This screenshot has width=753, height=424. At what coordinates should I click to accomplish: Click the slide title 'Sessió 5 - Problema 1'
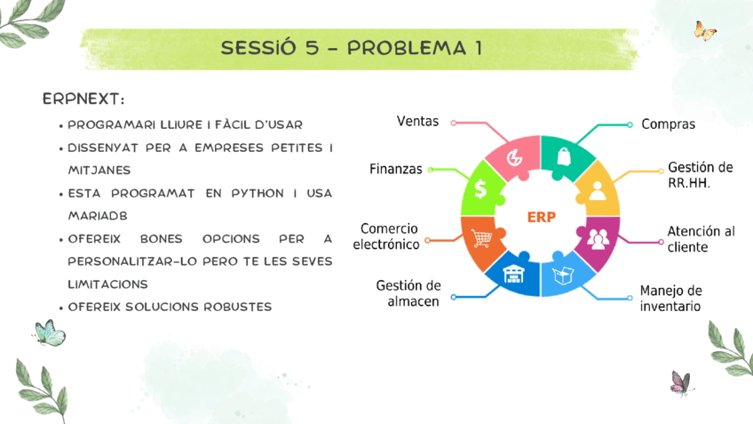click(x=352, y=48)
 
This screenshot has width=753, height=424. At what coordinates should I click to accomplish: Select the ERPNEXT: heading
click(x=83, y=97)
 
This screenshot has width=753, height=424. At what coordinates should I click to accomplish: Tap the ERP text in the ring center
click(x=541, y=217)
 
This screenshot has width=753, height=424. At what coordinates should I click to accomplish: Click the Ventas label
click(x=417, y=121)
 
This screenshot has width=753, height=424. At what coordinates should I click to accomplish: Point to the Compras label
click(x=668, y=124)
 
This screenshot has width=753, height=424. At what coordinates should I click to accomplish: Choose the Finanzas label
click(x=396, y=169)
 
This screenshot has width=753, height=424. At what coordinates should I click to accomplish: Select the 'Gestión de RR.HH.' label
click(x=700, y=175)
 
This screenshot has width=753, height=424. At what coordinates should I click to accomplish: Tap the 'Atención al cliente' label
click(x=701, y=238)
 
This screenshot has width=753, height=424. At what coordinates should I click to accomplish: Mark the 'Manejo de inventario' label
click(x=670, y=298)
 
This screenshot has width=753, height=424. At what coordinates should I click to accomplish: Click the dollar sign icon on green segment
click(x=480, y=188)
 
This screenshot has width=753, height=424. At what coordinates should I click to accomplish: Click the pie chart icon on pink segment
click(x=514, y=157)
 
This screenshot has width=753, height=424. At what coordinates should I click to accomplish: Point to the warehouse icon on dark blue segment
click(x=514, y=273)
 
